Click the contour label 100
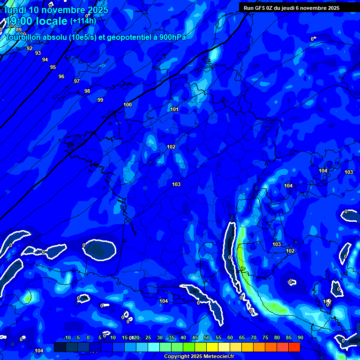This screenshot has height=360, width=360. [127, 105]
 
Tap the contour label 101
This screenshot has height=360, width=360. [174, 109]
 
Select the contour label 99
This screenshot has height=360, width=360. [100, 100]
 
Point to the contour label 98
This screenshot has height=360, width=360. [87, 91]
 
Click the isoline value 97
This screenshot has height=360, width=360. [77, 81]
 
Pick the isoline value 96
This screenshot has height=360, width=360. [61, 76]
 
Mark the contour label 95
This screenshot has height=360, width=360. [53, 67]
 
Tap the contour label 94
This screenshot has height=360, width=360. [45, 60]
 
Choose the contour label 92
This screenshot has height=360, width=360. [30, 48]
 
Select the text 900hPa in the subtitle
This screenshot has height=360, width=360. [172, 37]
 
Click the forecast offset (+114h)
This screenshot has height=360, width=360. [83, 21]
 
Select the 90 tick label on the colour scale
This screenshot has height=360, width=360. [300, 337]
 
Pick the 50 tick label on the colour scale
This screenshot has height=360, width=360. [206, 337]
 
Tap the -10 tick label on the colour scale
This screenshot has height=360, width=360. [67, 337]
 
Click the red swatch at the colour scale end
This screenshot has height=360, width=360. [294, 347]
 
